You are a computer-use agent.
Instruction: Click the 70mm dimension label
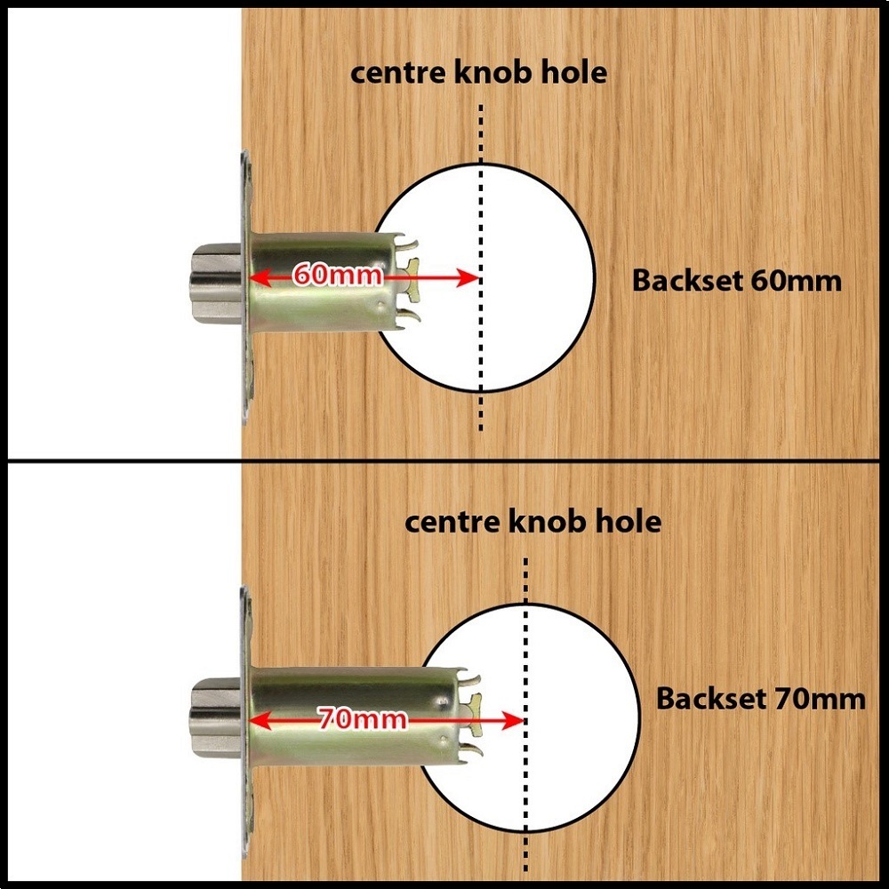coord(362,718)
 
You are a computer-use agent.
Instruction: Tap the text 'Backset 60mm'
coord(736,281)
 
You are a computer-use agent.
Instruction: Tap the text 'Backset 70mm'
coord(760,699)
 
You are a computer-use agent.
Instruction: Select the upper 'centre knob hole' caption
coord(479,72)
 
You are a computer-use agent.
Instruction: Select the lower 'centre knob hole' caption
coord(533,521)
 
